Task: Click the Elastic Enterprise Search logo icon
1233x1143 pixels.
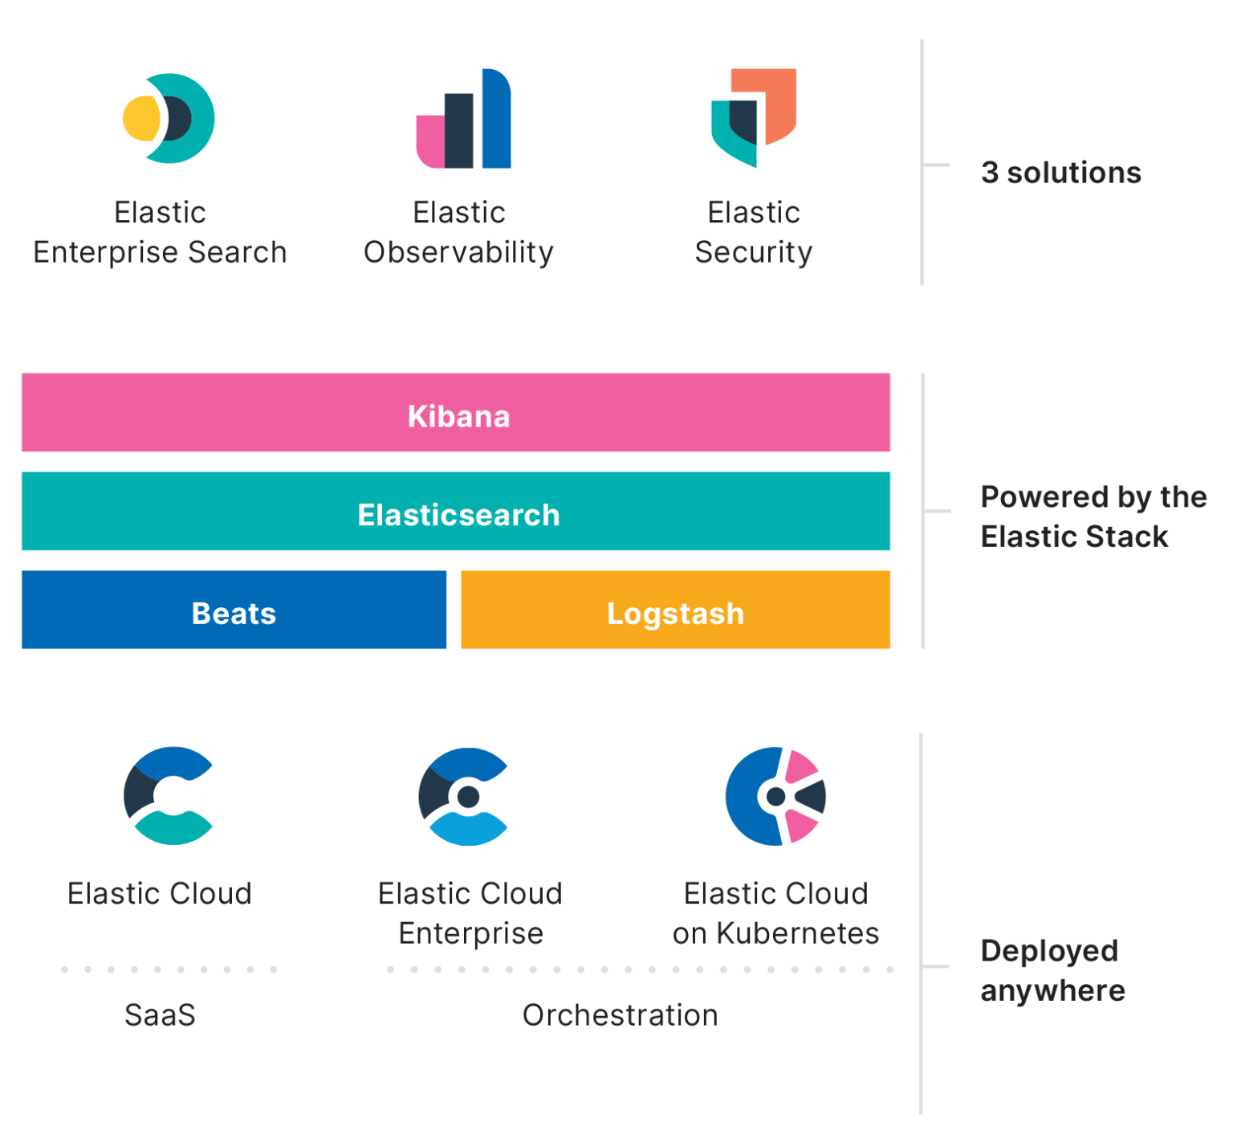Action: click(x=169, y=118)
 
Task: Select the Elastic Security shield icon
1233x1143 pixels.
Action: click(x=753, y=118)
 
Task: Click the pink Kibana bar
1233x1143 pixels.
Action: click(x=456, y=414)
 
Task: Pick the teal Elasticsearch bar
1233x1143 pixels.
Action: click(x=456, y=512)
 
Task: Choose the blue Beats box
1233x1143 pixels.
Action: click(x=234, y=610)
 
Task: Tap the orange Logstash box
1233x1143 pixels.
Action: click(x=675, y=610)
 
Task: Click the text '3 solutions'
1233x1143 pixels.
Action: click(x=1060, y=173)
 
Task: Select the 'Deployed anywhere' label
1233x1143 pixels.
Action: click(x=1052, y=970)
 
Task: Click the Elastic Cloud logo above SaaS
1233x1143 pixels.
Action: click(x=169, y=795)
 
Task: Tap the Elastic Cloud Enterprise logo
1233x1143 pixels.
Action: click(x=464, y=796)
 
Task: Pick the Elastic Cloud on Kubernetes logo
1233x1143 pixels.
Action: click(x=775, y=796)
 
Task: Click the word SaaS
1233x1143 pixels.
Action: click(x=160, y=1015)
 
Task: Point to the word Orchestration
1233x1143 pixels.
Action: click(x=620, y=1015)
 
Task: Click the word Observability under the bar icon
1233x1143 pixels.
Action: click(x=458, y=252)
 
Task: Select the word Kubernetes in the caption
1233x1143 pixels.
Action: click(x=797, y=933)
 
